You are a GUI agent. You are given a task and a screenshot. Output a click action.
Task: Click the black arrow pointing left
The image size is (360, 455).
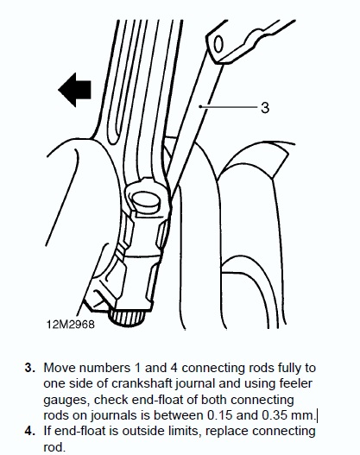75,90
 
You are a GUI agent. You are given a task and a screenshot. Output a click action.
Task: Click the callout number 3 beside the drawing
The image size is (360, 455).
265,108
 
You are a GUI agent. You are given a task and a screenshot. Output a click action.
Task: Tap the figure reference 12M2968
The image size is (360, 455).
71,324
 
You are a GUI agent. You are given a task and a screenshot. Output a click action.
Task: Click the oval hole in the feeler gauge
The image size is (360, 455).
218,45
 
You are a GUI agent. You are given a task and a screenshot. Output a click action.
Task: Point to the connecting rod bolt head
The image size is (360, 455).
146,200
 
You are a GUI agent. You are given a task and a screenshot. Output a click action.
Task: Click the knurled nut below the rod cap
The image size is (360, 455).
127,317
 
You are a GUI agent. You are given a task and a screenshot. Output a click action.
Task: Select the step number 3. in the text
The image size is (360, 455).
30,368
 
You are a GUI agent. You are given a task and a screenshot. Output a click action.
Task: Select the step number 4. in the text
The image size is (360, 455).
30,431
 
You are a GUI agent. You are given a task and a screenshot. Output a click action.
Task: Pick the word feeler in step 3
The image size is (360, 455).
295,383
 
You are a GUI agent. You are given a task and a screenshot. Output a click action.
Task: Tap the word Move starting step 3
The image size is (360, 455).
60,368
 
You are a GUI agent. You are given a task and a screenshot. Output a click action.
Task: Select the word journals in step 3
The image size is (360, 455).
113,415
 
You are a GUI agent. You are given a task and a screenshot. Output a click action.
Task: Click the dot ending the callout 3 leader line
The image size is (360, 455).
200,106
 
